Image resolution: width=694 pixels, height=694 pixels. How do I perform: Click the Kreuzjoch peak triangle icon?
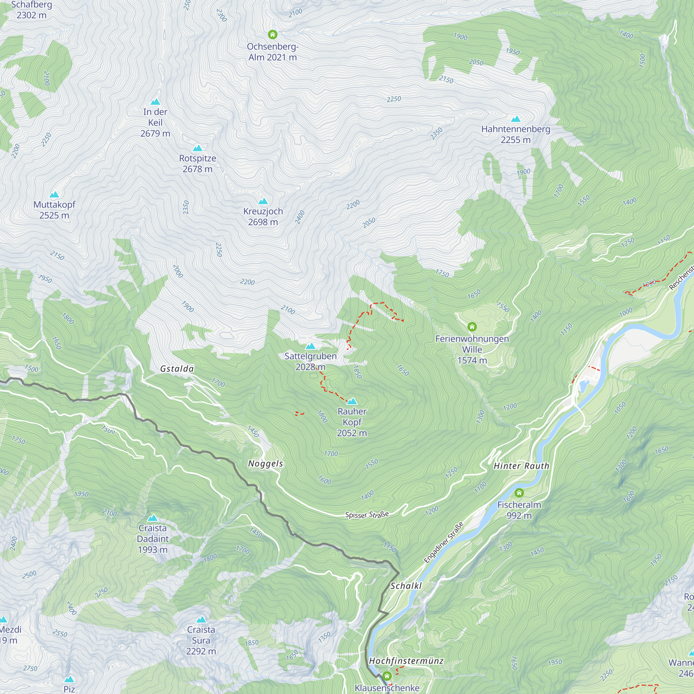(x=263, y=201)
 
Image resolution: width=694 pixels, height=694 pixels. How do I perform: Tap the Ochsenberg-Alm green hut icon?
(x=273, y=34)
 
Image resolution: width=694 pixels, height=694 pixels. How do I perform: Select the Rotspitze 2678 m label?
(x=197, y=163)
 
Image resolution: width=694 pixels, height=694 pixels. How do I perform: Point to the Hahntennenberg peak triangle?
(x=516, y=119)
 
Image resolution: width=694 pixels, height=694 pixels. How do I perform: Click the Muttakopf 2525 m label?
(x=54, y=210)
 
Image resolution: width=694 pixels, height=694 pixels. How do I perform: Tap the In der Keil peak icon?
(x=155, y=102)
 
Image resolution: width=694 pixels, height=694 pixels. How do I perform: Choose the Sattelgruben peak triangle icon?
(x=310, y=346)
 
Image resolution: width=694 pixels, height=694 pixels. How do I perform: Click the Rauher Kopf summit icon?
(x=352, y=401)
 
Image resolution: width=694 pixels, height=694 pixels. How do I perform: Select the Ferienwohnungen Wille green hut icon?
(x=472, y=327)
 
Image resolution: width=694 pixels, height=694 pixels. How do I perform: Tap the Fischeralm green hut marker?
(x=519, y=493)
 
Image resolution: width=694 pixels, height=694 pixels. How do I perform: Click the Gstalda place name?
(x=177, y=369)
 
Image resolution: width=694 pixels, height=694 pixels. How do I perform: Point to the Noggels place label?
(x=265, y=464)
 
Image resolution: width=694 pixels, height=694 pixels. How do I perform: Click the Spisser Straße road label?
(x=367, y=515)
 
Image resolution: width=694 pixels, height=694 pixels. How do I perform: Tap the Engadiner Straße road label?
(x=443, y=543)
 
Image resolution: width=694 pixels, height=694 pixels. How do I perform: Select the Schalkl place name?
(x=406, y=586)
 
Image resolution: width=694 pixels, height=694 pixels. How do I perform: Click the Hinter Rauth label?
(x=521, y=466)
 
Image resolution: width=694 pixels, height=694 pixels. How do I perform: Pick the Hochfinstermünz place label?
(x=406, y=661)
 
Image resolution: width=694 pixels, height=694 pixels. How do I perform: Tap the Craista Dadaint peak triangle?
(x=153, y=518)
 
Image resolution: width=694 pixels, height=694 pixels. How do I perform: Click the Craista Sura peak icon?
(x=201, y=619)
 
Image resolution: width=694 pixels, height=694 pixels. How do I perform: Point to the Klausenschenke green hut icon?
(x=387, y=676)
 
